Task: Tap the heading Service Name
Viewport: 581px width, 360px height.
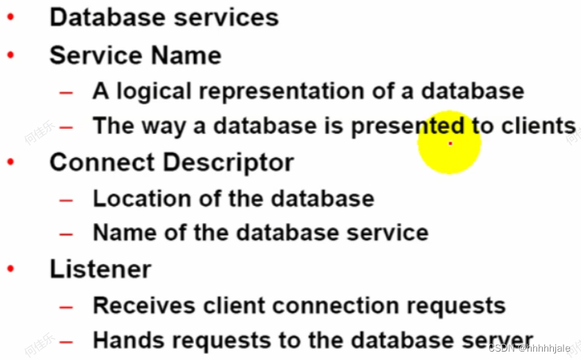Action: (135, 55)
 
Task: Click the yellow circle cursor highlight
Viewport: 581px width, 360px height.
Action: (449, 143)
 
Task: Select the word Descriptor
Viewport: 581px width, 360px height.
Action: (229, 162)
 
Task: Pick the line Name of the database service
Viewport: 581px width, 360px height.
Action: (260, 233)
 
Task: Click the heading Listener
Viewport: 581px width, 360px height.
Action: (100, 269)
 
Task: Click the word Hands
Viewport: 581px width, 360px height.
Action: (122, 341)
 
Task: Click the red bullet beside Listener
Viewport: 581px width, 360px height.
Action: (11, 269)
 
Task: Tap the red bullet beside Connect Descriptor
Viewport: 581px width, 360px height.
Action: (11, 162)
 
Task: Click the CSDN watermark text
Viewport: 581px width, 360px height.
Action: (529, 348)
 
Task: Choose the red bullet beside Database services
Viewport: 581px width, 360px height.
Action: (11, 17)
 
